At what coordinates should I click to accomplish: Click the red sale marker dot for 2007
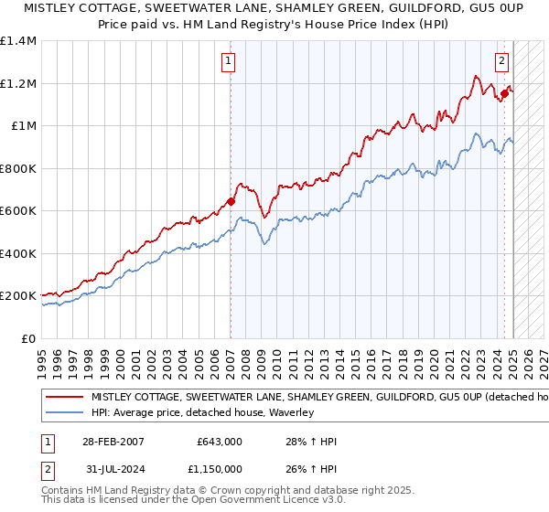tap(231, 202)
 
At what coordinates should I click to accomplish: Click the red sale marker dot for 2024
tap(504, 93)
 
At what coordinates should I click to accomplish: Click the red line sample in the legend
tap(63, 398)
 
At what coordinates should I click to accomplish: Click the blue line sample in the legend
tap(63, 412)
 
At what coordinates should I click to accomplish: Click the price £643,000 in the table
tap(219, 441)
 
